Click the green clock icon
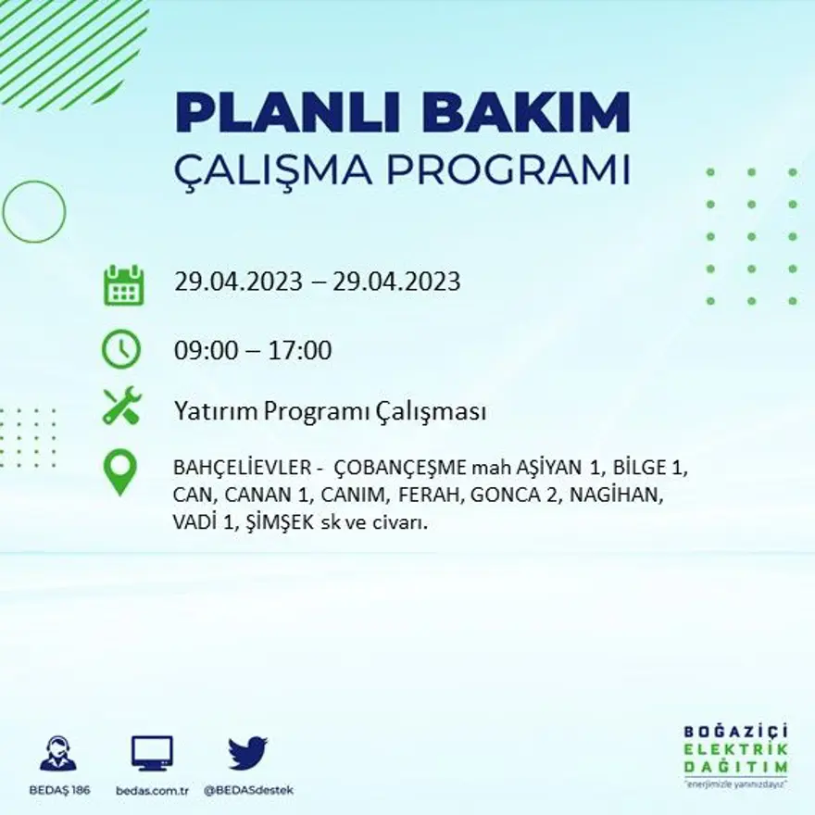click(121, 350)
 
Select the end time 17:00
click(300, 351)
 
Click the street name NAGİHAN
click(615, 495)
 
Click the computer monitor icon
click(152, 753)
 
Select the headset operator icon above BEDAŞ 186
click(58, 753)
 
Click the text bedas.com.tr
click(153, 790)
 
